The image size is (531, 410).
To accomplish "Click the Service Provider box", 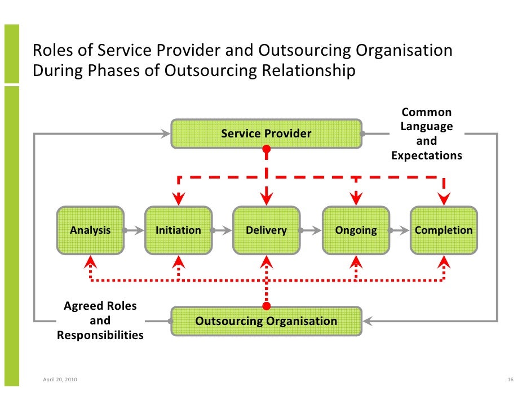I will (266, 133).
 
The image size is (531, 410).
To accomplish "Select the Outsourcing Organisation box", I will (266, 321).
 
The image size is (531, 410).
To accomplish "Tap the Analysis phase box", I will (90, 230).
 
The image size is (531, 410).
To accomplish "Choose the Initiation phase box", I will (178, 230).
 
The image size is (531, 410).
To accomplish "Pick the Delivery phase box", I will (266, 230).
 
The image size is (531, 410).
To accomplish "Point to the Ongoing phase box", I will (355, 230).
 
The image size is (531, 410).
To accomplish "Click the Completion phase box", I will (444, 230).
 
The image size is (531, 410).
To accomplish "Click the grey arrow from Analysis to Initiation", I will (134, 230).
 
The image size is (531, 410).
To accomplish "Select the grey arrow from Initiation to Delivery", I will (222, 230).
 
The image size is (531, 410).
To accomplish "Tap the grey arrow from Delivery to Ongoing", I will (311, 230).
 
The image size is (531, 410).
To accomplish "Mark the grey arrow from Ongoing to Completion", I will (399, 230).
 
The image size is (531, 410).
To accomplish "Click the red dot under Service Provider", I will (267, 150).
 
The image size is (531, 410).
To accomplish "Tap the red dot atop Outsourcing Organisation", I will (267, 306).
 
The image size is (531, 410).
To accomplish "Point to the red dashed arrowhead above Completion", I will (444, 198).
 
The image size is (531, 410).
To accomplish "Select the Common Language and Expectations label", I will (426, 134).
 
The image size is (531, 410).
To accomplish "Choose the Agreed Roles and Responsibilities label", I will (100, 321).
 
